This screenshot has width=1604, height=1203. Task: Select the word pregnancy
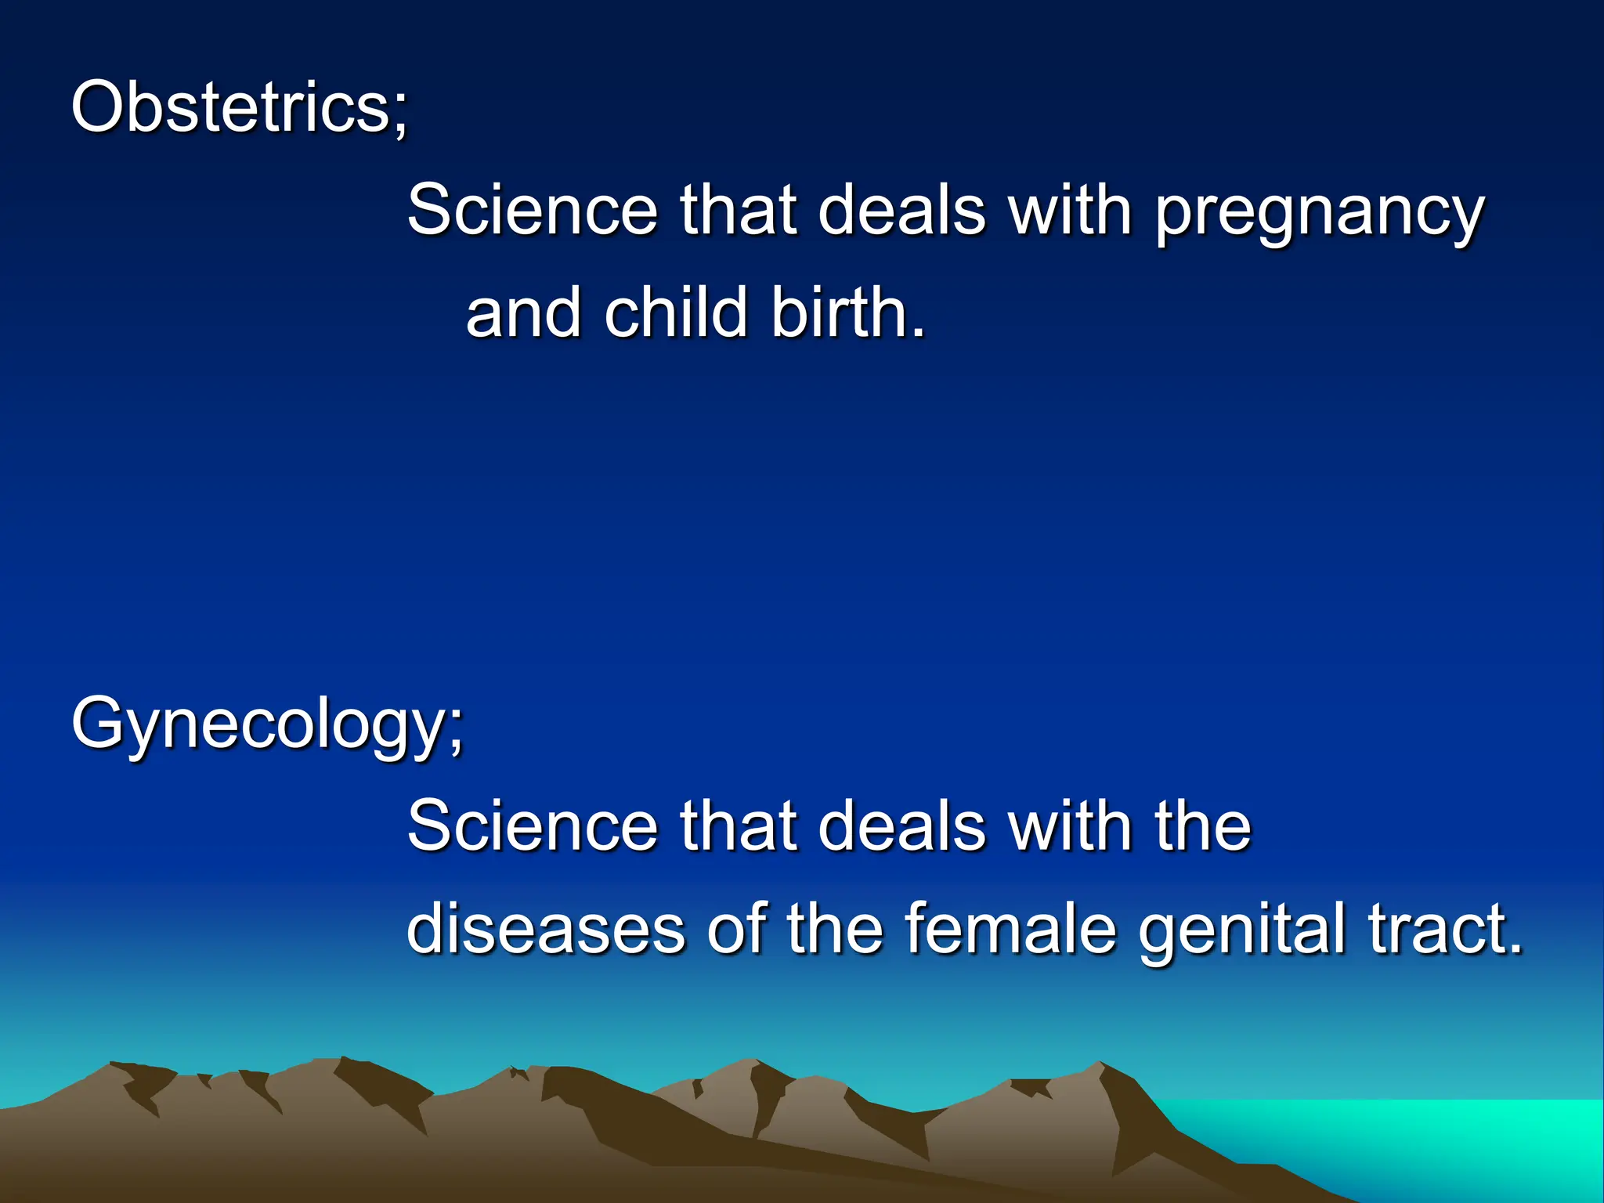(x=1319, y=213)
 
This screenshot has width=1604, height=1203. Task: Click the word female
(x=1010, y=929)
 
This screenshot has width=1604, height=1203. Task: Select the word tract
(x=1436, y=929)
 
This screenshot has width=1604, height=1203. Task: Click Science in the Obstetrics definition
(x=533, y=210)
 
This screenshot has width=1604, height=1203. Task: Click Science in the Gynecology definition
(x=533, y=826)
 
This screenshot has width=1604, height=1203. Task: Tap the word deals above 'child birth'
(x=901, y=210)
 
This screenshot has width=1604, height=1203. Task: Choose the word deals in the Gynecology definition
(x=901, y=826)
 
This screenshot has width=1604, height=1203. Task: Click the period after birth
(x=918, y=332)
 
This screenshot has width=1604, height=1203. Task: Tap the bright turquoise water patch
(x=1449, y=1136)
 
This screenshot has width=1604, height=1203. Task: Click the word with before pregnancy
(x=1070, y=210)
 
